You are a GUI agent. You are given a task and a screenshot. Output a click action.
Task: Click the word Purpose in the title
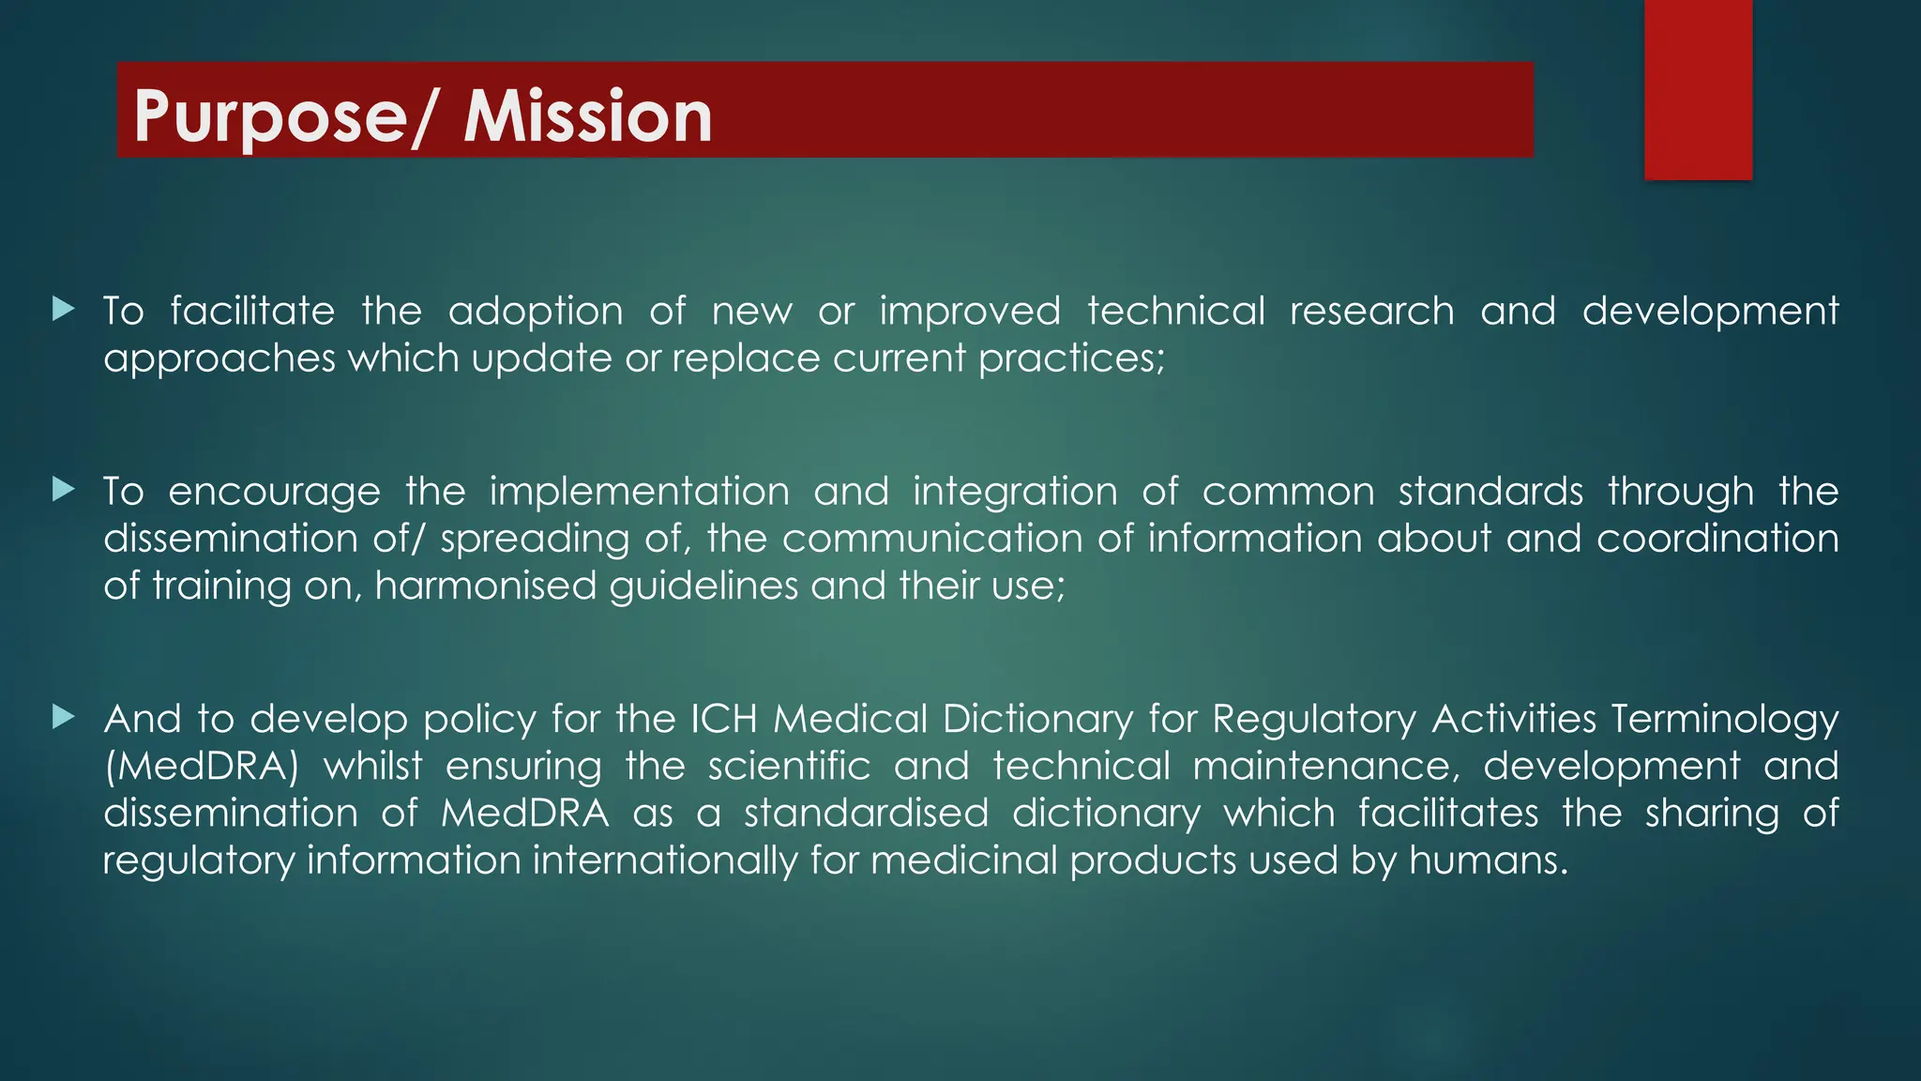click(x=270, y=116)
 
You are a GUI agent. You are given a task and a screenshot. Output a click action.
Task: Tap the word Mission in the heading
click(x=588, y=116)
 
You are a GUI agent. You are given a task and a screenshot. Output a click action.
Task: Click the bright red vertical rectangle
click(x=1698, y=89)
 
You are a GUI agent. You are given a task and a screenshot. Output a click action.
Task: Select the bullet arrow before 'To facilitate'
click(x=64, y=309)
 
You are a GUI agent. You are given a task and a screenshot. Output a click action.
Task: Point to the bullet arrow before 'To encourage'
click(x=64, y=489)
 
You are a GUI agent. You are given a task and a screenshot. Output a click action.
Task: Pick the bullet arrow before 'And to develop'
click(x=64, y=717)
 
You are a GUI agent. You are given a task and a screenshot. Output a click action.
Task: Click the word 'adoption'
click(x=536, y=312)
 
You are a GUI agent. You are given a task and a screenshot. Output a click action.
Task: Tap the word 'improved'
click(x=970, y=312)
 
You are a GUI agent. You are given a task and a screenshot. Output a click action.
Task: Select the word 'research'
click(x=1371, y=311)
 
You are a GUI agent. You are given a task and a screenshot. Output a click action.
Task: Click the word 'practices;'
click(x=1071, y=358)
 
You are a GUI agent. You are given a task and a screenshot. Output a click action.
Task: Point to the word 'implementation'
click(x=639, y=492)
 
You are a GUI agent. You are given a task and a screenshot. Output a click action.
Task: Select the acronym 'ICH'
click(x=724, y=719)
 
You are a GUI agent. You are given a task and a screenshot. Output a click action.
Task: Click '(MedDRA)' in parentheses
click(x=201, y=767)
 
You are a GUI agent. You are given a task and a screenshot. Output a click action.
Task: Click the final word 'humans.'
click(x=1489, y=860)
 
